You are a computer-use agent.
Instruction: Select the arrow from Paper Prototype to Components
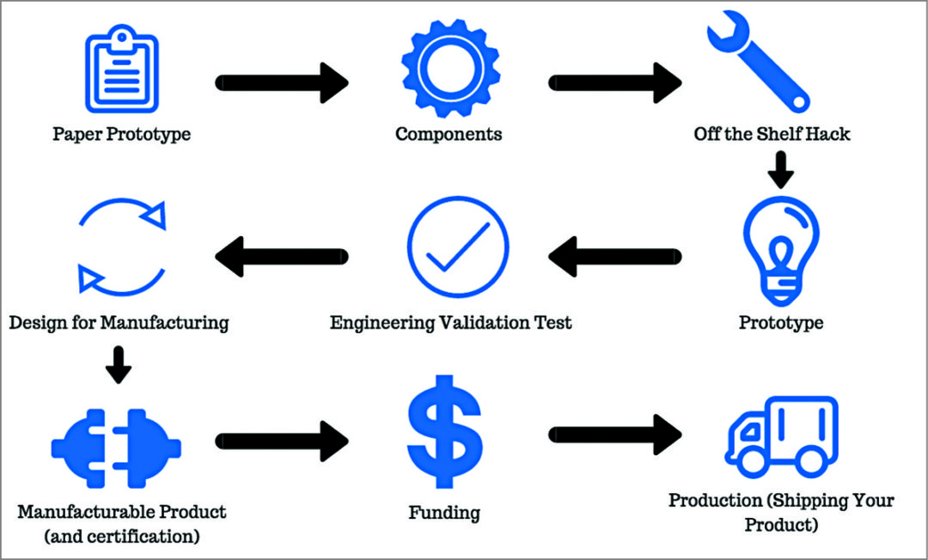click(x=282, y=82)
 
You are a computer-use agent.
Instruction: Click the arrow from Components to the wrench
click(x=615, y=82)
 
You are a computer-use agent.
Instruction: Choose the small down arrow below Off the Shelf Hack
click(x=781, y=170)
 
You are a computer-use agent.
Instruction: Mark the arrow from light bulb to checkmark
click(x=615, y=255)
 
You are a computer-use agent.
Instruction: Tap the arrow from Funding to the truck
click(x=615, y=435)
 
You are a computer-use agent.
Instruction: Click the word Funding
click(x=444, y=514)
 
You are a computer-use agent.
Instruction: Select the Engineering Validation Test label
click(x=451, y=323)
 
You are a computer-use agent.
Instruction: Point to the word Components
click(x=449, y=134)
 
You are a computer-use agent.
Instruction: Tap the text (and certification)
click(x=121, y=537)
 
